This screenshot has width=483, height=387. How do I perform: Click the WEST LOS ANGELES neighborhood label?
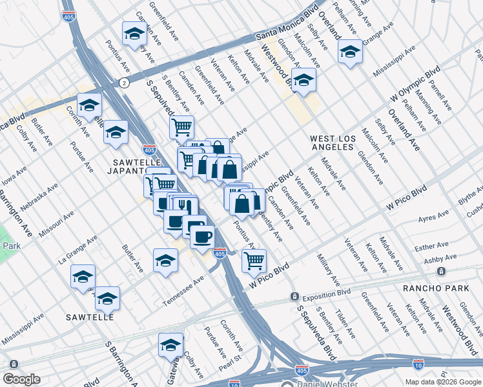(332, 143)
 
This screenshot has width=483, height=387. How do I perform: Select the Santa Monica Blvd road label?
(287, 25)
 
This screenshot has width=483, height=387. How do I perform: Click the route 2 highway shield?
(123, 83)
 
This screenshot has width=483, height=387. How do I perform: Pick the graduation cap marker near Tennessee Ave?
(166, 261)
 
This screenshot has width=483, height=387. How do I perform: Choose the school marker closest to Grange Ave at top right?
(350, 51)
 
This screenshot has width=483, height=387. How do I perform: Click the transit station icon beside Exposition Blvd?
(294, 297)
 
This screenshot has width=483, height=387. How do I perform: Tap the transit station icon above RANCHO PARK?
(442, 272)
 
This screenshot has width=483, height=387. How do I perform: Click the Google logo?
(21, 379)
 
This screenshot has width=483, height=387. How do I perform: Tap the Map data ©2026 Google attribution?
(443, 382)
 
